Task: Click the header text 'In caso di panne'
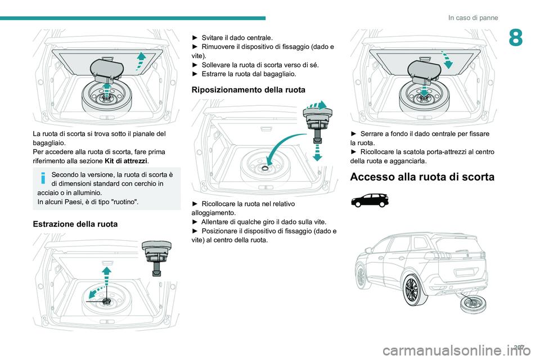click(472, 17)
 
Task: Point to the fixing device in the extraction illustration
click(156, 254)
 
